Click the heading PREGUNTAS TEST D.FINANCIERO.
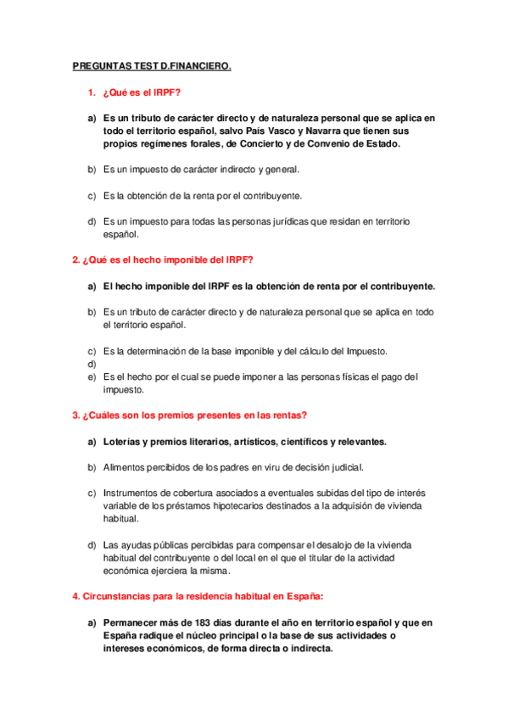coord(151,64)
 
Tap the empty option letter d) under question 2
coord(92,363)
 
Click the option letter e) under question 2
coord(92,376)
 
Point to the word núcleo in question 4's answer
coord(209,636)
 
